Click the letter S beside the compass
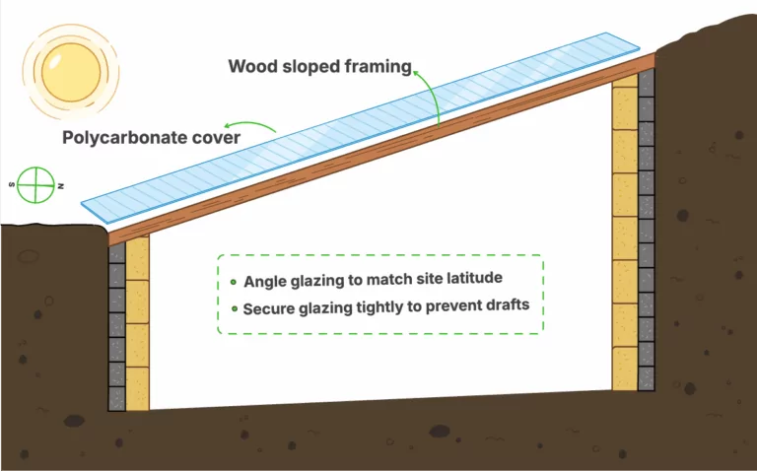coord(12,183)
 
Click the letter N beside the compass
coord(61,185)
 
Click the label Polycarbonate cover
coord(151,137)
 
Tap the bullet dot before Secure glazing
coord(233,309)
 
